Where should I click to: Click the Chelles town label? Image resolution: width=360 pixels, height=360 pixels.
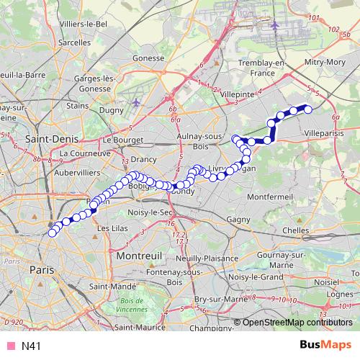tap(295, 230)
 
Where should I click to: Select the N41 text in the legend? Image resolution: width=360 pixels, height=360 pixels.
tap(30, 346)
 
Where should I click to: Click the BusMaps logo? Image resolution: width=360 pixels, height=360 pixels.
tap(325, 345)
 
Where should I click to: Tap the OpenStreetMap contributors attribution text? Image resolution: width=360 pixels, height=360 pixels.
tap(297, 323)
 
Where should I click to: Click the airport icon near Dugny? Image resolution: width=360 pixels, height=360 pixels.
tap(136, 102)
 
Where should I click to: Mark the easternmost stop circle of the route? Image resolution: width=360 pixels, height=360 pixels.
tap(308, 109)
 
